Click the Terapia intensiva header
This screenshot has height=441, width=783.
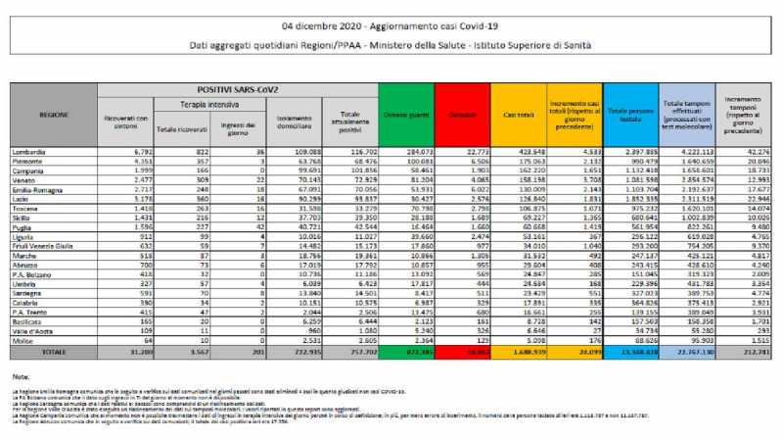pos(204,103)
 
